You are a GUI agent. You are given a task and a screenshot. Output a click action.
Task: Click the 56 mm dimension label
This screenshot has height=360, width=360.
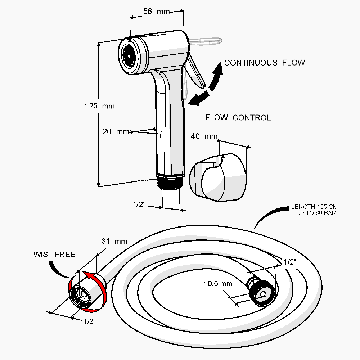(x=156, y=12)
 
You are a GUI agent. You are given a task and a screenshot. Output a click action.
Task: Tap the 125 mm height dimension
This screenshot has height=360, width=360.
(x=100, y=106)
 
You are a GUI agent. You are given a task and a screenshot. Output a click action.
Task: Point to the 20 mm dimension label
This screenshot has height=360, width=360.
(x=116, y=132)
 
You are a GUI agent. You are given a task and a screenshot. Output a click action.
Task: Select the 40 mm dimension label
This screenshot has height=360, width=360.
(x=204, y=136)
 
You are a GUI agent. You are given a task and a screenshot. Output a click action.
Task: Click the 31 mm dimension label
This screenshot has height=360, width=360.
(x=114, y=242)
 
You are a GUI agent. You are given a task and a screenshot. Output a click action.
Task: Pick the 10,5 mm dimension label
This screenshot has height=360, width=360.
(x=218, y=283)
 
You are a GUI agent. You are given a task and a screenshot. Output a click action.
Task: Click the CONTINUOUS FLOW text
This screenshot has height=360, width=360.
(x=265, y=63)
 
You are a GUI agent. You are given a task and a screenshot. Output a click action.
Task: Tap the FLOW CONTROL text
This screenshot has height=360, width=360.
(x=238, y=118)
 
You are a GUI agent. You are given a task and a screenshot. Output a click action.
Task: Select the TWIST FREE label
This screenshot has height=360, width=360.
(x=52, y=255)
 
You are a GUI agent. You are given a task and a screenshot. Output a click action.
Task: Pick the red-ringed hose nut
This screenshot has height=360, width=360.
(x=87, y=292)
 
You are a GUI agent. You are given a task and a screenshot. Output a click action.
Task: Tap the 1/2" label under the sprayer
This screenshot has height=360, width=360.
(x=139, y=204)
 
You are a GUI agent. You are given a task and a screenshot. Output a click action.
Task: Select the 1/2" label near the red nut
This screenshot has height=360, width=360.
(x=90, y=321)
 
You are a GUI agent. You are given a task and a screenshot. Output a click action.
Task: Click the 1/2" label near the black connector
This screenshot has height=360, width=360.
(x=290, y=262)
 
